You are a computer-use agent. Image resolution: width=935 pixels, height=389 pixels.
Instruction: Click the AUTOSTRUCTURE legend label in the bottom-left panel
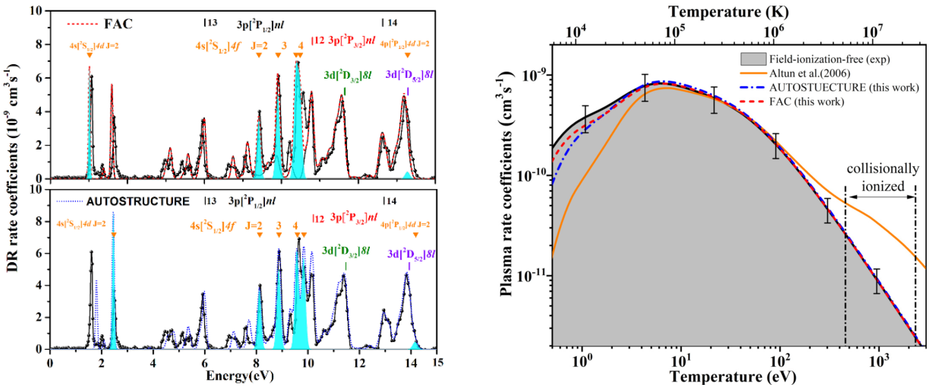point(137,203)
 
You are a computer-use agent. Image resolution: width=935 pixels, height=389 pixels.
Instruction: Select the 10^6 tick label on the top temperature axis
point(775,32)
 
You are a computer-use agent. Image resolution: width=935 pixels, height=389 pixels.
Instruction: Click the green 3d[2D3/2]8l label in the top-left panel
point(346,74)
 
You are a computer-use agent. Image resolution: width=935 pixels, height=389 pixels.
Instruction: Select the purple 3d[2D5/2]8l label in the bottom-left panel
point(410,253)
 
